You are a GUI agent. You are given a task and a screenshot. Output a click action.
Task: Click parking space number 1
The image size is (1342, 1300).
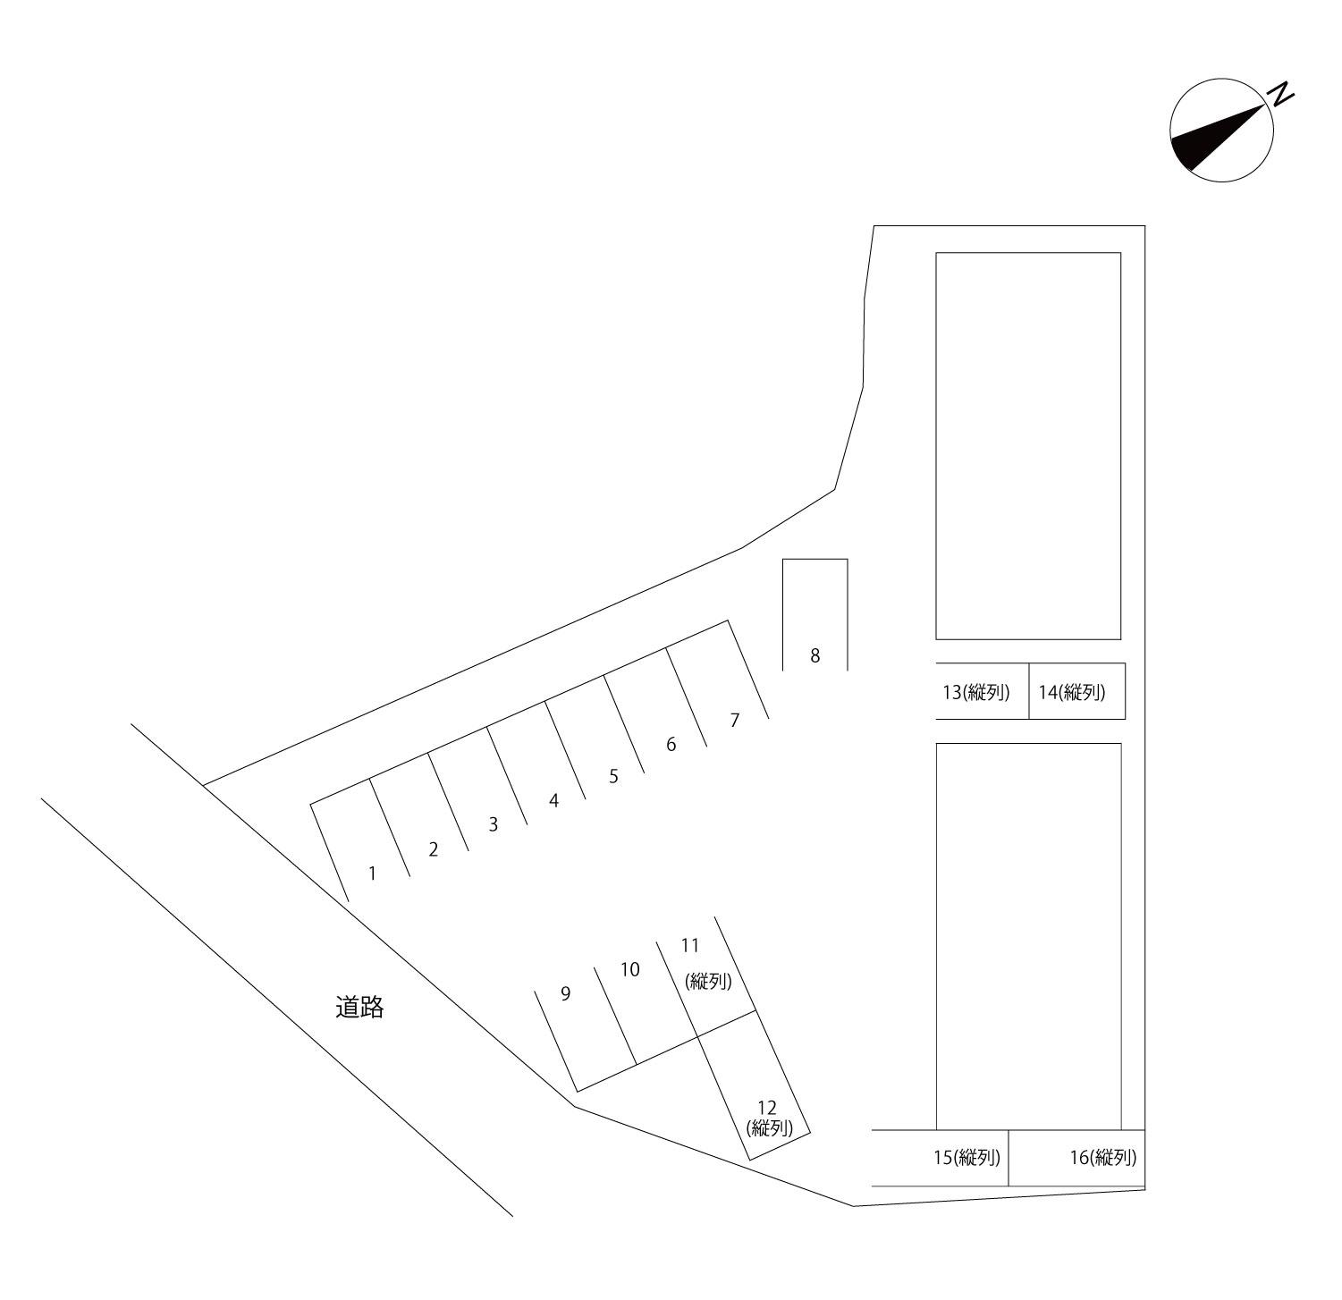[373, 873]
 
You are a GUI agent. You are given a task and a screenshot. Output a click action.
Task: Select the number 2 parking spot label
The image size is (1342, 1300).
[434, 849]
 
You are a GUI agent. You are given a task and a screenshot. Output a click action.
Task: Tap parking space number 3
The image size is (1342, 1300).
[493, 824]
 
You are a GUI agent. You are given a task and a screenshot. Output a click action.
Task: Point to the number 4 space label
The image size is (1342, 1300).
[554, 800]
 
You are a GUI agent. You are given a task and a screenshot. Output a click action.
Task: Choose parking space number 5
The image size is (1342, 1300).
[613, 776]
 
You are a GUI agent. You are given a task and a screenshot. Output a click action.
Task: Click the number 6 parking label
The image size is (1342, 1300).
[671, 744]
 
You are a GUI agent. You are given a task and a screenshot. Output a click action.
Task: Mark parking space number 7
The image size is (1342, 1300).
[735, 720]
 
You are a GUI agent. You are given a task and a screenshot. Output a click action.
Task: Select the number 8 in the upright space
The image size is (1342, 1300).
[814, 655]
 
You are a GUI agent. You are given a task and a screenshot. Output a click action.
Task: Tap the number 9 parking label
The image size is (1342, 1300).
[565, 993]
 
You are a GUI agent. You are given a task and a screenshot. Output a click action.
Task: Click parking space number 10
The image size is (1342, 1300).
[630, 969]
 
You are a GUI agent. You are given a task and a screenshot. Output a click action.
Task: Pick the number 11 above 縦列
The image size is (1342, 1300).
[690, 945]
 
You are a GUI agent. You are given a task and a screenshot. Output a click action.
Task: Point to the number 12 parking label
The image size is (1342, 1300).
[766, 1109]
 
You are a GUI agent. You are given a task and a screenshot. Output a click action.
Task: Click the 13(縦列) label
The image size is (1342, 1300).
[976, 692]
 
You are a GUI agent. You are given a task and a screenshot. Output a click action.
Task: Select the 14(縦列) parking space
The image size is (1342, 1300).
[1072, 692]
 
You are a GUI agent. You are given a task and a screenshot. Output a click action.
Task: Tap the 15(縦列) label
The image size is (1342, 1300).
[966, 1158]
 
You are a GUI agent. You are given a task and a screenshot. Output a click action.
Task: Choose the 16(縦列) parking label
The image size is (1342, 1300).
[1103, 1158]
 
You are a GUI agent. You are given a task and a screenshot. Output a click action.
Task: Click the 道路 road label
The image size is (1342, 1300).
[359, 1008]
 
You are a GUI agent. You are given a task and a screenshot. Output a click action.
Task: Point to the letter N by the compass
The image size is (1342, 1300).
[1282, 94]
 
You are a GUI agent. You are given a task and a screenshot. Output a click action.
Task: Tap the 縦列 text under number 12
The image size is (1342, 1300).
[770, 1128]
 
